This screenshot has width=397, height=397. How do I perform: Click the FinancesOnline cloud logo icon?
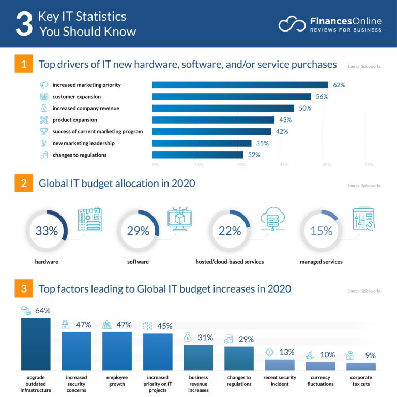292,24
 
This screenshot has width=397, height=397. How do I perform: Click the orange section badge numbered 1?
24,65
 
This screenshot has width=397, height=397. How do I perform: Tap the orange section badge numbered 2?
24,184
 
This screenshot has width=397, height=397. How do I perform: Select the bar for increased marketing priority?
240,85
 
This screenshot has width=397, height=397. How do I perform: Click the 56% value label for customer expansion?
322,97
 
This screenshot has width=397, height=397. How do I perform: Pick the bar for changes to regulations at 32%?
197,155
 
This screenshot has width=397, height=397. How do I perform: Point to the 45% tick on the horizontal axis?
284,165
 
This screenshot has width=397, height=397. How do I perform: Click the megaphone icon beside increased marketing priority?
44,85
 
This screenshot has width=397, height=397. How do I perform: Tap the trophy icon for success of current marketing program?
44,131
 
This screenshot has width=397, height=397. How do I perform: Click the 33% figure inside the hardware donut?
47,231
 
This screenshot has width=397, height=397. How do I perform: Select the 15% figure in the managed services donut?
321,231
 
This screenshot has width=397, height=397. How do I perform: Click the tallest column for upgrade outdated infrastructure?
36,344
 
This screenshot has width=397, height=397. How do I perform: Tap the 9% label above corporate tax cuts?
370,355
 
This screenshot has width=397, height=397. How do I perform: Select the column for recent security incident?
280,364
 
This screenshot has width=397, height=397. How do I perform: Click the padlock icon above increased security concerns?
66,325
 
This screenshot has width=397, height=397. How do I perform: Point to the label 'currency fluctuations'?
320,380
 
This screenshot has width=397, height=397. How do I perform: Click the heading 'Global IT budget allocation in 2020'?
117,183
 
